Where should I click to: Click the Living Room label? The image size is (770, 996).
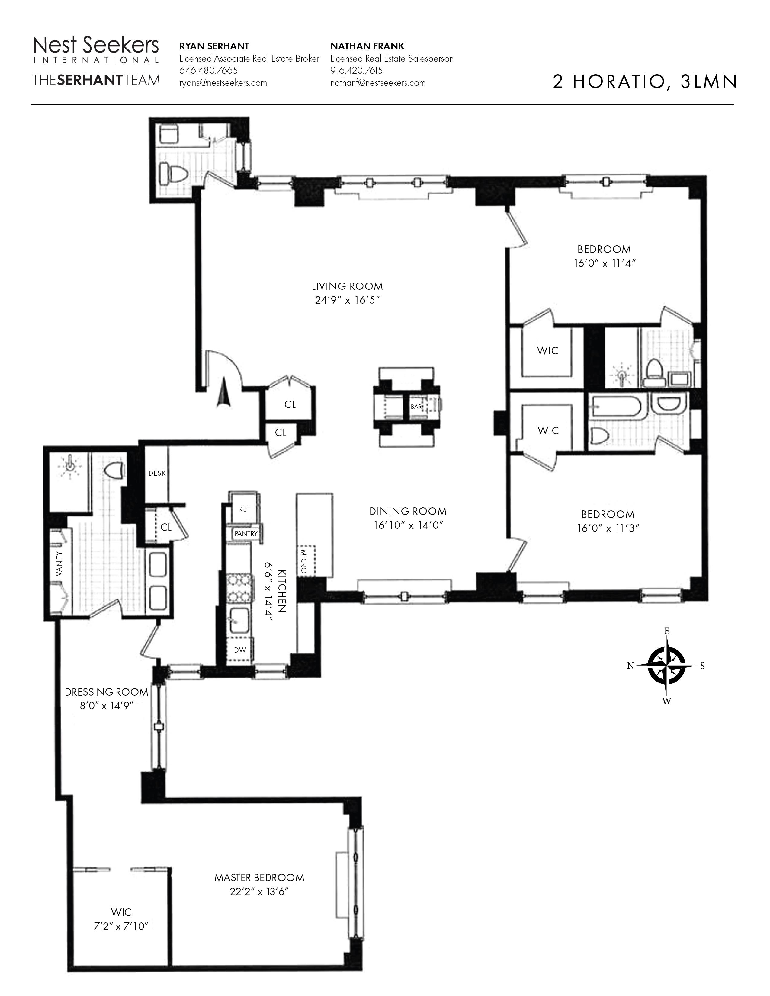(347, 286)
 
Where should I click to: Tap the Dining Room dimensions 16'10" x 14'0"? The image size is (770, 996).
(408, 525)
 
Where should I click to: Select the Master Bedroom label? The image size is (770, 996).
(259, 877)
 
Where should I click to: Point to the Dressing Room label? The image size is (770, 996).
(106, 692)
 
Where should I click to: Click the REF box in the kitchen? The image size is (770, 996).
(245, 509)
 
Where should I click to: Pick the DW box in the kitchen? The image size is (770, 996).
(240, 650)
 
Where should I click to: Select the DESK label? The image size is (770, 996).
(157, 473)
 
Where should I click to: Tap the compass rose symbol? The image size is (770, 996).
(666, 666)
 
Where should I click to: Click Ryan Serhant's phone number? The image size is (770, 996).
(208, 71)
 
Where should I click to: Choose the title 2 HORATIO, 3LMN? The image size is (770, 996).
(645, 81)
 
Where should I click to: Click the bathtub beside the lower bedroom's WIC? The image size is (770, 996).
(616, 407)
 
